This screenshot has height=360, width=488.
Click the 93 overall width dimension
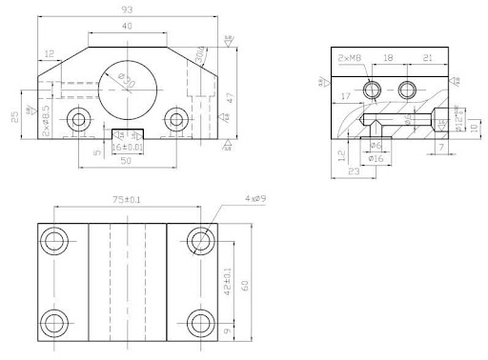pyautogui.click(x=127, y=10)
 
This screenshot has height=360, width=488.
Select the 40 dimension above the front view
pyautogui.click(x=128, y=27)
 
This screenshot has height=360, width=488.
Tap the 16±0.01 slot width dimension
pyautogui.click(x=127, y=149)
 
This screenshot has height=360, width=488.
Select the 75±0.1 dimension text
pyautogui.click(x=127, y=200)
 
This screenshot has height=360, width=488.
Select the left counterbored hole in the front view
pyautogui.click(x=78, y=119)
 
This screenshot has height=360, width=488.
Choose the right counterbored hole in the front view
pyautogui.click(x=175, y=119)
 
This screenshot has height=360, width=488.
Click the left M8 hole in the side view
pyautogui.click(x=376, y=90)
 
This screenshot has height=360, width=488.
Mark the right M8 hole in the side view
pyautogui.click(x=409, y=90)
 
